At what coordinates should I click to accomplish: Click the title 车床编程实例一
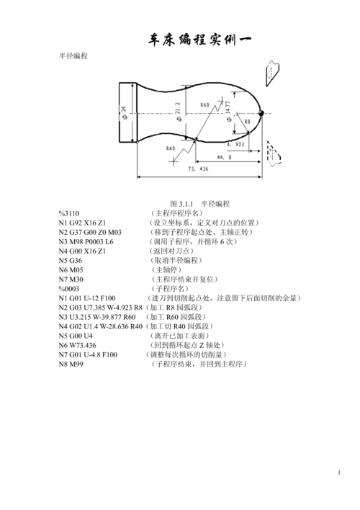point(199,40)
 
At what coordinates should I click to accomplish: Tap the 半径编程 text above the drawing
point(73,56)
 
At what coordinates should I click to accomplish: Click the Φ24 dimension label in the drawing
point(125,113)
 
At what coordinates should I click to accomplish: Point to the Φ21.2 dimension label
point(179,112)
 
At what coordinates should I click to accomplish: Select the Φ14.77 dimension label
point(229,111)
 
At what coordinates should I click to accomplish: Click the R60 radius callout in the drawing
point(205,104)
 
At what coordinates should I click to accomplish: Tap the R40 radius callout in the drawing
point(171,148)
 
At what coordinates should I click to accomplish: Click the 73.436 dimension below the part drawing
point(198,169)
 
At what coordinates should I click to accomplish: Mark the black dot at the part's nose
point(261,113)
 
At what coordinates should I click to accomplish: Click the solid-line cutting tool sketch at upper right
point(272,73)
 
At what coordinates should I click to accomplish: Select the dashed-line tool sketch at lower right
point(274,153)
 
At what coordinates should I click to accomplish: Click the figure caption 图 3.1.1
point(181,204)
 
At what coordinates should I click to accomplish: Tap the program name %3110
point(69,213)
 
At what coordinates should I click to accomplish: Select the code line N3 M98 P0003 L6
point(86,241)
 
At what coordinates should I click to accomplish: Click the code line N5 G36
point(71,261)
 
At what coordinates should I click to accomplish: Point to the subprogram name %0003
point(69,289)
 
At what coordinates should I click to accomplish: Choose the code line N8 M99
point(71,364)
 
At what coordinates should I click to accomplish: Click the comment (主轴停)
point(166,270)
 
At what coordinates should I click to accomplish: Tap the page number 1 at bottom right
point(339,473)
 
